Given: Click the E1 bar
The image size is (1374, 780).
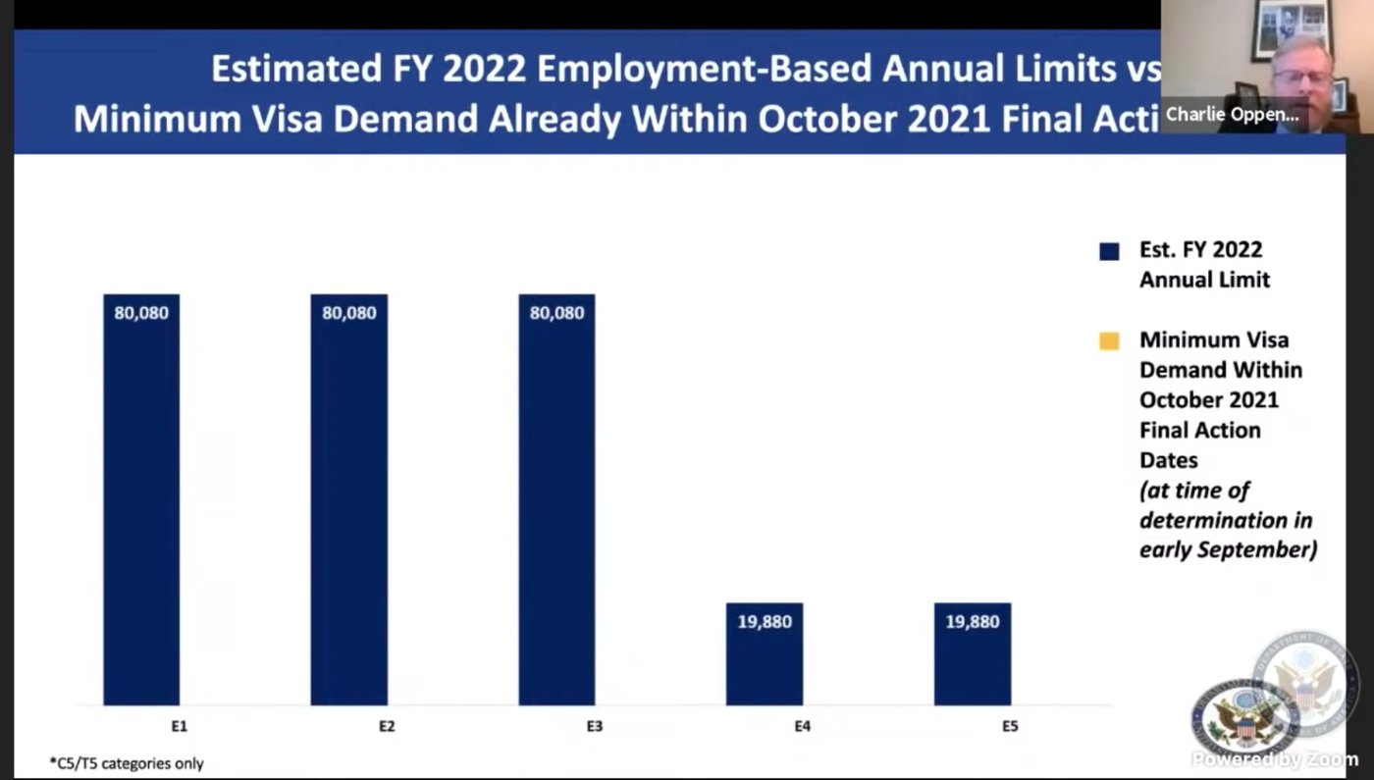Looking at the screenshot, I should (141, 499).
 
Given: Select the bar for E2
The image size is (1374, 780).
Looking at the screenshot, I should (348, 499).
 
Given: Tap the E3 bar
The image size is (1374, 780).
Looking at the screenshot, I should (556, 499).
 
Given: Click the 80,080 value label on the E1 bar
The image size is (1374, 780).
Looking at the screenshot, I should (141, 314).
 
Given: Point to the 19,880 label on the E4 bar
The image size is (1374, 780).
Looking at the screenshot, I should (765, 622).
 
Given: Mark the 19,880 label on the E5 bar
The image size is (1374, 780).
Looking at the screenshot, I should (973, 622).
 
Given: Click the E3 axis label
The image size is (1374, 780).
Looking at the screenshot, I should (595, 727).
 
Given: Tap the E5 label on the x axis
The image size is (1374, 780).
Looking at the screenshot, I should (1010, 727).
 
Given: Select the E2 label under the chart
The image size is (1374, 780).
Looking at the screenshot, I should (387, 727).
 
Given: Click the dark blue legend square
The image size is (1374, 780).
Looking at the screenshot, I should (1109, 251).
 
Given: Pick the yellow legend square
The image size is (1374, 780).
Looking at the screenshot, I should (1109, 341).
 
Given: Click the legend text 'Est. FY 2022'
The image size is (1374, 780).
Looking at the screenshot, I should (1200, 249).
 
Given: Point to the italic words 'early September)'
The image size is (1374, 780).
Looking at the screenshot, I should (1228, 550).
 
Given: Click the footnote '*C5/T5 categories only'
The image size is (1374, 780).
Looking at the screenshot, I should (127, 762).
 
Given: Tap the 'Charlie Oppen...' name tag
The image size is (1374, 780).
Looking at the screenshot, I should (1232, 115).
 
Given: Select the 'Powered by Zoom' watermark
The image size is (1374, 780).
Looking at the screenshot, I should (1275, 759).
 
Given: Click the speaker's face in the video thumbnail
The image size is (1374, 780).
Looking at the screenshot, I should (1301, 74).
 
